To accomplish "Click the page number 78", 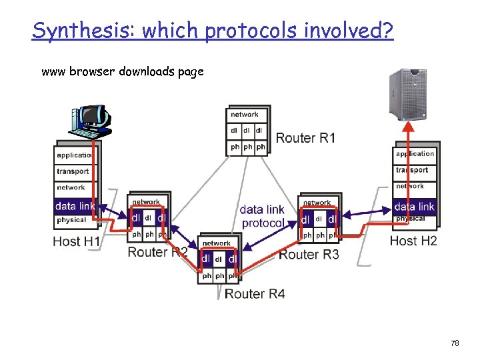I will click(455, 343).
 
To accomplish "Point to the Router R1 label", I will click(305, 138).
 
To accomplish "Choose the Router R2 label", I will click(157, 252).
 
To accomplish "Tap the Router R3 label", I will click(309, 254).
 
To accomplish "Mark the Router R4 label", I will click(255, 293).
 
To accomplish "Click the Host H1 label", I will click(77, 241).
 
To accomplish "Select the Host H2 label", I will click(413, 241).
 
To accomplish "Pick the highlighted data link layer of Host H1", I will click(75, 206).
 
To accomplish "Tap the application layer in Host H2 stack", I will click(415, 154).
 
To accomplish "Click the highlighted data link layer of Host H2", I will click(414, 206).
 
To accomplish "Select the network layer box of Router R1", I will click(245, 115).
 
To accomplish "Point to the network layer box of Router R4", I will click(217, 244).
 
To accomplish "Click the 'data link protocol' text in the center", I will click(262, 217).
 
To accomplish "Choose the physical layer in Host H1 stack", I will click(72, 220).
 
